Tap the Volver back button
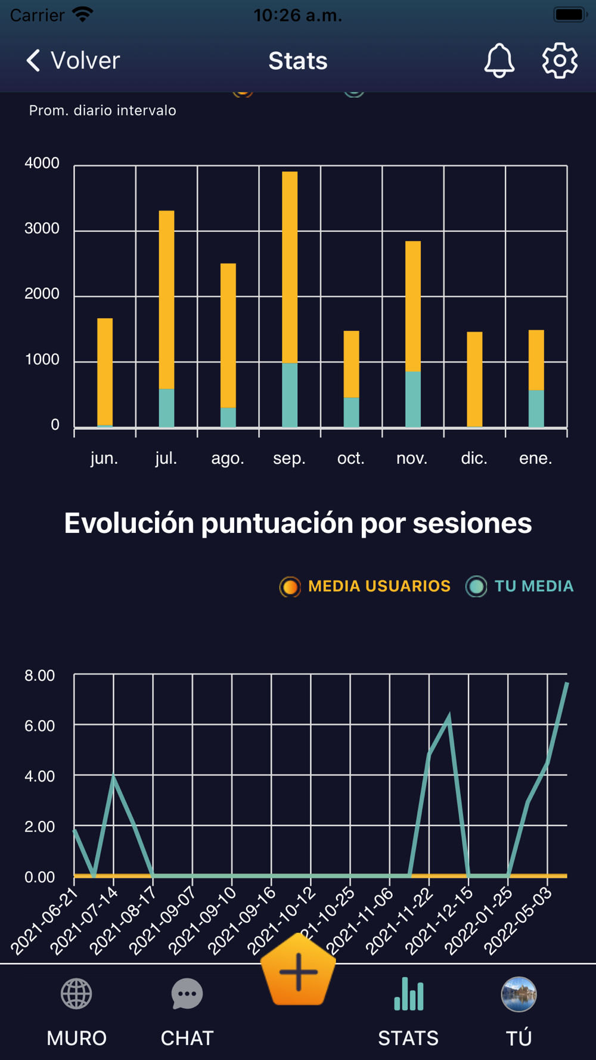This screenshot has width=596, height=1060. pos(73,61)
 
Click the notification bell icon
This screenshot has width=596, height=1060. pos(499,60)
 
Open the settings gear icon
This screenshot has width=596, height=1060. pos(560,60)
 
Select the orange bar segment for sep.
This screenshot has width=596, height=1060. pos(290,267)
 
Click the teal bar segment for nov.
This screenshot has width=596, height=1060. pos(413,399)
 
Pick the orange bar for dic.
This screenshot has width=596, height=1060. pos(474,379)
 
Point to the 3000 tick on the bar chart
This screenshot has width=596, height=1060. pos(42,228)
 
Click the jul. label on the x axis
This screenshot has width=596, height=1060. pos(166,458)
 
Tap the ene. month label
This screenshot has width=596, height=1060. pos(536,458)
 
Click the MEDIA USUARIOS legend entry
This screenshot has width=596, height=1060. pos(365,587)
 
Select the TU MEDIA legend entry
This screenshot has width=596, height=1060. pos(520,587)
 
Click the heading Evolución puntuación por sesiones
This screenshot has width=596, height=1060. pos(298,523)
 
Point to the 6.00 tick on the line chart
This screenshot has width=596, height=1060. pos(39,726)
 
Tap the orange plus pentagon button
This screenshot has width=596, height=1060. pos(298,971)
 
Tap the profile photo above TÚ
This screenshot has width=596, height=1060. pos(519,994)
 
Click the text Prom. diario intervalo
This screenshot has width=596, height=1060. pos(103,110)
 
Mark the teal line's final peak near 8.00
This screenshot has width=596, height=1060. pos(566,684)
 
